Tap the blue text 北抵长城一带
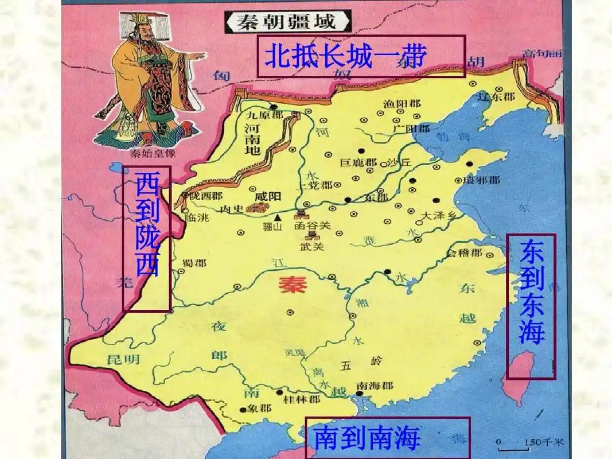tap(346, 56)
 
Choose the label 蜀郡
tap(194, 263)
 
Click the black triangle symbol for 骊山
tap(278, 217)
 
